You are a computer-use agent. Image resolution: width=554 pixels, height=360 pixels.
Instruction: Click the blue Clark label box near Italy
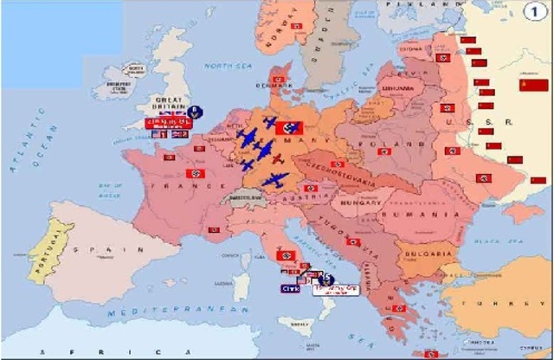(x=290, y=289)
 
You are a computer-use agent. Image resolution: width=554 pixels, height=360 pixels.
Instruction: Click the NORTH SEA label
(x=224, y=65)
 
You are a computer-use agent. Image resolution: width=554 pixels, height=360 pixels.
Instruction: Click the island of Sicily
(x=299, y=322)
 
